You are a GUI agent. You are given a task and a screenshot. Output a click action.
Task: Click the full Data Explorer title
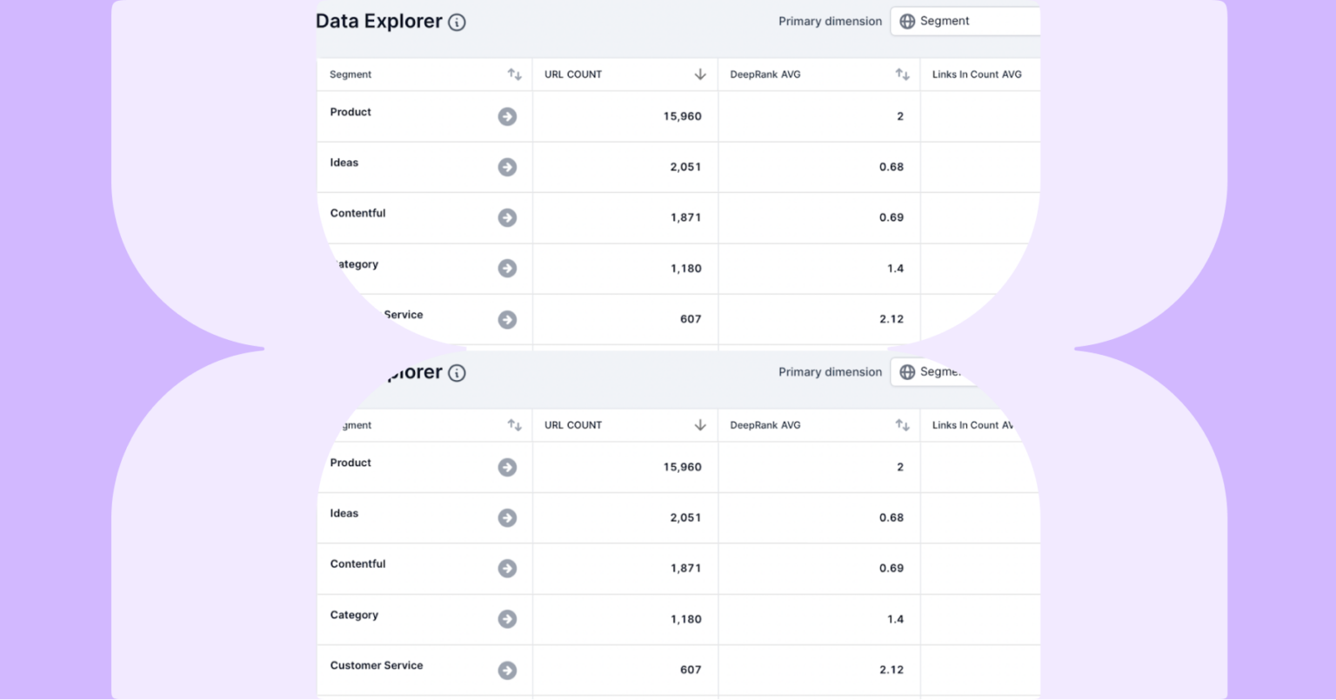pos(378,22)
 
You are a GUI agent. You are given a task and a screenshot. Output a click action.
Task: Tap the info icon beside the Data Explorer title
pos(457,23)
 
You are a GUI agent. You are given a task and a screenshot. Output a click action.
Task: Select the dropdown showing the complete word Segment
pos(965,22)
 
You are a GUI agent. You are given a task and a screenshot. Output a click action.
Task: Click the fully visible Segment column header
pos(351,75)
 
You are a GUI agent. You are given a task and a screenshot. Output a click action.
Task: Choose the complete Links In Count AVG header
pos(977,75)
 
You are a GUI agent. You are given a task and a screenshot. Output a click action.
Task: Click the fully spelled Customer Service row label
pos(377,665)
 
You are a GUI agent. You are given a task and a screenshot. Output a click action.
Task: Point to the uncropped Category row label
pos(354,615)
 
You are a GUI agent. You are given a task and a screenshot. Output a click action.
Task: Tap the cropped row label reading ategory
pos(357,264)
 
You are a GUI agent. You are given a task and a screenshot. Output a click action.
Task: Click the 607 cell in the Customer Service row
pos(691,670)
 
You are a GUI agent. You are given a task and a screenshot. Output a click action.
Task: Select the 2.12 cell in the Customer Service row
pos(892,670)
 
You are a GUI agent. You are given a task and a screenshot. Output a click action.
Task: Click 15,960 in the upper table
pos(682,117)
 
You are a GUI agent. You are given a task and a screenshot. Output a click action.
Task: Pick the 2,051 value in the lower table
pos(685,517)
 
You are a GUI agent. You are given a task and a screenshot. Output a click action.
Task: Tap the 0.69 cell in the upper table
pos(892,217)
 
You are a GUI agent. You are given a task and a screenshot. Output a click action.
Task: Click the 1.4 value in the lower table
pos(896,619)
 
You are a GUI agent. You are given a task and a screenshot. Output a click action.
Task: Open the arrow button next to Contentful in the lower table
pos(507,569)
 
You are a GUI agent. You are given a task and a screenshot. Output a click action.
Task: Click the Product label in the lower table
pos(351,463)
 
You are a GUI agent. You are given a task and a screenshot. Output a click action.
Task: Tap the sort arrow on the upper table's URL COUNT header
pos(700,75)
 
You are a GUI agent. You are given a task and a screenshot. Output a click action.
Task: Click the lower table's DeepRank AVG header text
pos(765,425)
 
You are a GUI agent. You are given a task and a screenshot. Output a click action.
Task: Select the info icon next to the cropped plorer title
pos(457,373)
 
